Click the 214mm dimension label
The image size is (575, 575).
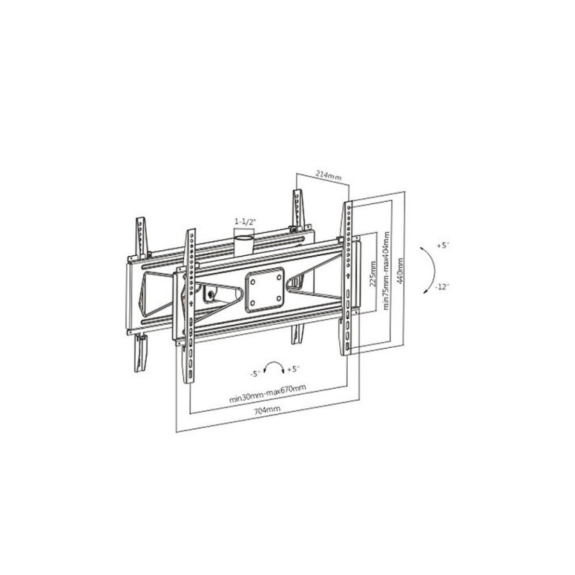328,175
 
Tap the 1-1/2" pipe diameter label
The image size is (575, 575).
245,221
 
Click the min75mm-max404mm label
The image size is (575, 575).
386,270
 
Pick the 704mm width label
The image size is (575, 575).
267,409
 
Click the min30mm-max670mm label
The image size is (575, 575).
267,393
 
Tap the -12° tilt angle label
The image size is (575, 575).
442,287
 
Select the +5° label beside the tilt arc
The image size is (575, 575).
443,246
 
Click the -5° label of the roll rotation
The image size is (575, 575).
255,374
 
